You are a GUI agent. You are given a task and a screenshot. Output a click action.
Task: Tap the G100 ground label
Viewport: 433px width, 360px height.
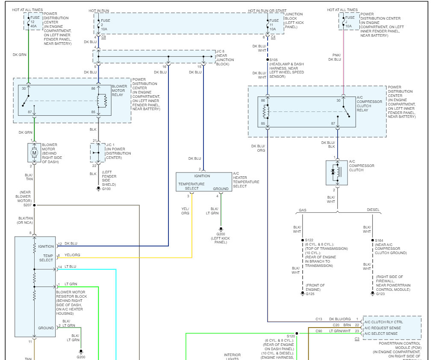pos(106,188)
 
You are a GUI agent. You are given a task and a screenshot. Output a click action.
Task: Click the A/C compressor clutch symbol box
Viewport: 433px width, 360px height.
pos(337,173)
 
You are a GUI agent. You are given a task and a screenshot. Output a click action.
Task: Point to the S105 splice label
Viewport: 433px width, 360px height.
pos(274,60)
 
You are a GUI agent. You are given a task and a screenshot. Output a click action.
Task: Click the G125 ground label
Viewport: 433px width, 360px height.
pos(310,294)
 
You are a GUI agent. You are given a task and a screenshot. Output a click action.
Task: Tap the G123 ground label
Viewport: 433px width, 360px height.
pos(381,294)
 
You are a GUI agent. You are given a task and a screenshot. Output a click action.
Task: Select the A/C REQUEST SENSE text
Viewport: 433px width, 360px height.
pos(383,328)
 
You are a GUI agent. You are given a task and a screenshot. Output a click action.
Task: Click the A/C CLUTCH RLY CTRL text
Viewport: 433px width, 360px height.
pos(383,322)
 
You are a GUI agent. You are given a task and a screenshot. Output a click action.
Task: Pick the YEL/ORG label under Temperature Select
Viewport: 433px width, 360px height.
pos(185,211)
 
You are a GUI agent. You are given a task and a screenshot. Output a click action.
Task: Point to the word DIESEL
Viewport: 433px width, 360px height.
pos(373,210)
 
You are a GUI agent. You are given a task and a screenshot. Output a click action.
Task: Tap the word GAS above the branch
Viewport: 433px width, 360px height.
pos(302,210)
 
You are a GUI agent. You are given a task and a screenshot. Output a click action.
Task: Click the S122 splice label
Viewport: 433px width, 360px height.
pos(309,240)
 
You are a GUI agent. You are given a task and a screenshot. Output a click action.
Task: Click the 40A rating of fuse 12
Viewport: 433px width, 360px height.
pos(33,26)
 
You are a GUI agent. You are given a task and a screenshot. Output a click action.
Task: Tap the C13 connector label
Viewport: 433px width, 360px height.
pos(319,319)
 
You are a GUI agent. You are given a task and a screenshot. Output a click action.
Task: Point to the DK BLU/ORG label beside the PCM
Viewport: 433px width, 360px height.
pos(340,319)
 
